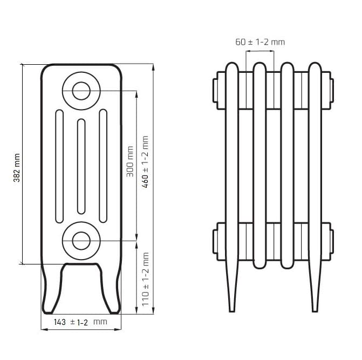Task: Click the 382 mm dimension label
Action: pos(17,168)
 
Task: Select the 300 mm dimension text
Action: pos(130,161)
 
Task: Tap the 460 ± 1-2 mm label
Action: pos(145,162)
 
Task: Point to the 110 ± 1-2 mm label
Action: pos(145,279)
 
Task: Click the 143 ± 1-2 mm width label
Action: pos(80,322)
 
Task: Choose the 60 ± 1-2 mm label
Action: pos(260,42)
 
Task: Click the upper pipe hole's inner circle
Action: pos(81,91)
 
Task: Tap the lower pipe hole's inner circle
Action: pos(81,241)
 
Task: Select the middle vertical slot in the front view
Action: pos(81,166)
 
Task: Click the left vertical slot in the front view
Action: pos(59,166)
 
